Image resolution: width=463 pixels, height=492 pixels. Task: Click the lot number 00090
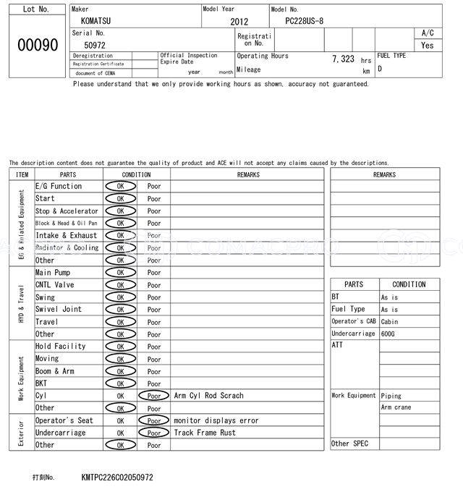pos(37,45)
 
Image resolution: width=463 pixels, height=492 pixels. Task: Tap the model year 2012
pos(239,22)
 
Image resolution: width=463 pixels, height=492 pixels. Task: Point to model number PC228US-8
pos(310,22)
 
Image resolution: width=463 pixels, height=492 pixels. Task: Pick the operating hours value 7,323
pos(343,59)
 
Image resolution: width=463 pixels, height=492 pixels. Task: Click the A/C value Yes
pos(428,45)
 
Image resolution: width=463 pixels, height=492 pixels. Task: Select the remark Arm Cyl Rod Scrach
pos(209,396)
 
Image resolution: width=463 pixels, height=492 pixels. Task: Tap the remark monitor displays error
pos(216,420)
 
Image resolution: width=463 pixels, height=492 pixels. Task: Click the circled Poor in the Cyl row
pos(154,396)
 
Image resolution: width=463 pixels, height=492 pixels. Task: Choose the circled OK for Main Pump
pos(120,273)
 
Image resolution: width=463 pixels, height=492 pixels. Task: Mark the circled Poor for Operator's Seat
pos(154,420)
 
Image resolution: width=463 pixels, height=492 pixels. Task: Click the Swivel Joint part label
pos(59,309)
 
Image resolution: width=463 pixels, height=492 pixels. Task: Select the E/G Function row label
pos(59,186)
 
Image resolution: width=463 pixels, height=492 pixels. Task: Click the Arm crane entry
pos(396,407)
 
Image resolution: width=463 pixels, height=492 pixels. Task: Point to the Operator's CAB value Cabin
pos(390,321)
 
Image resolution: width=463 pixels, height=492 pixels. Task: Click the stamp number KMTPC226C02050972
pos(117,478)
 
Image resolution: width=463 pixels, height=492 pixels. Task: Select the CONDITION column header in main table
pos(137,174)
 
